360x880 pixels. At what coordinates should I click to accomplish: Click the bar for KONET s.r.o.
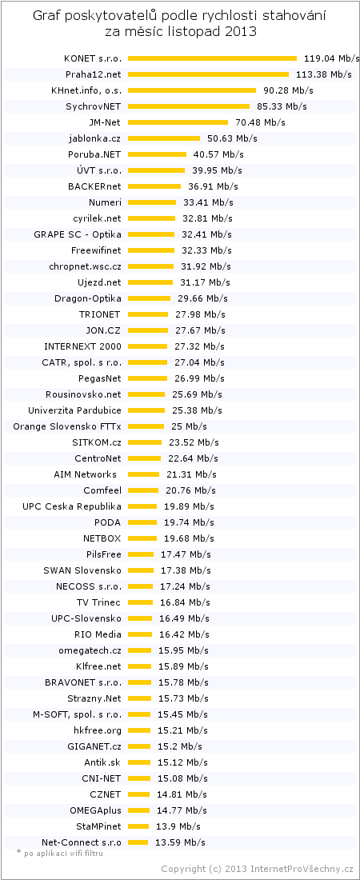pyautogui.click(x=212, y=58)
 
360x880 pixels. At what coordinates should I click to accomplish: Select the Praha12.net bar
pyautogui.click(x=208, y=74)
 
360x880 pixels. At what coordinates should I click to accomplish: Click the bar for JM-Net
pyautogui.click(x=178, y=122)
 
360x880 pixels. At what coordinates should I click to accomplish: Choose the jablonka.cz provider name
pyautogui.click(x=95, y=138)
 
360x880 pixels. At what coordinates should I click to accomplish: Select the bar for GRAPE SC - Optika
pyautogui.click(x=151, y=234)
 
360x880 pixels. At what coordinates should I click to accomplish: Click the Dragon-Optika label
pyautogui.click(x=88, y=298)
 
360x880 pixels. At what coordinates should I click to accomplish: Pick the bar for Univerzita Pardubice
pyautogui.click(x=146, y=411)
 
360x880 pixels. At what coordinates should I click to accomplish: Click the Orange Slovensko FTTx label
pyautogui.click(x=67, y=426)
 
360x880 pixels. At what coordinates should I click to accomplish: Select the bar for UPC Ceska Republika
pyautogui.click(x=142, y=506)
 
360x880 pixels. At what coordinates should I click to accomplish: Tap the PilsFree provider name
pyautogui.click(x=104, y=554)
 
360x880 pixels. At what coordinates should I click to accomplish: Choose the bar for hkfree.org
pyautogui.click(x=138, y=730)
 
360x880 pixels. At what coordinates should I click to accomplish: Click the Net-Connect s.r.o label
pyautogui.click(x=81, y=842)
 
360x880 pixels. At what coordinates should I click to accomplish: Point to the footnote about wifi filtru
pyautogui.click(x=60, y=853)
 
